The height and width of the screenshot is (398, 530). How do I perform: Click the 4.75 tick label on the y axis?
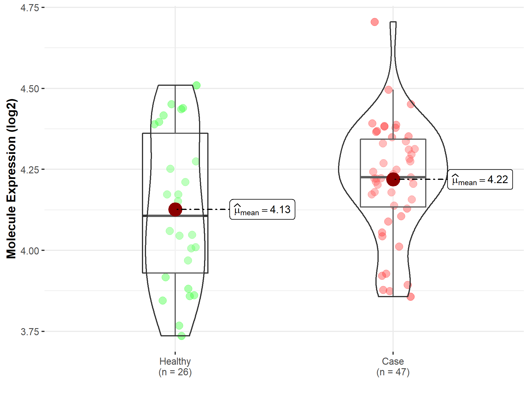point(30,8)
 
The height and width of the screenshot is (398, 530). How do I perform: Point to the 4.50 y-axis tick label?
point(30,89)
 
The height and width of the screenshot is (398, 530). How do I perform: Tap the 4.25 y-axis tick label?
point(30,170)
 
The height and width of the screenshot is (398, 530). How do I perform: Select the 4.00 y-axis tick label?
point(30,251)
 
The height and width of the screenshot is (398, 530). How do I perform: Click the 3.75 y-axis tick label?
point(30,332)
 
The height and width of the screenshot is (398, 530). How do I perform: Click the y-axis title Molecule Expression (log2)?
point(11,179)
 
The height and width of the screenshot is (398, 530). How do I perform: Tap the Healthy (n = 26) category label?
point(175,367)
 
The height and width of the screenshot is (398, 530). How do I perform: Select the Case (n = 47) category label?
point(393,367)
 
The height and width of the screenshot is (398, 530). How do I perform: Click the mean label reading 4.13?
point(262,209)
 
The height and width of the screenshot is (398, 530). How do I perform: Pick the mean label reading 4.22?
point(480,179)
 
